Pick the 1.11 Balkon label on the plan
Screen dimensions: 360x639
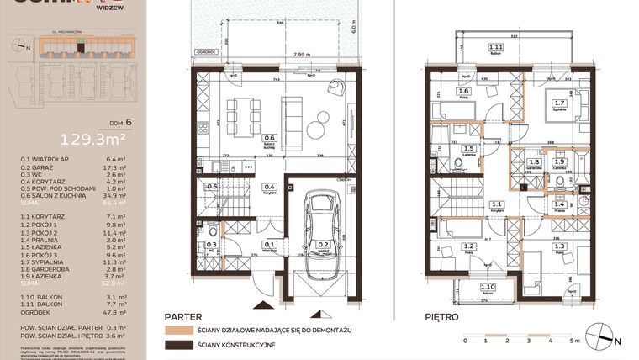496,49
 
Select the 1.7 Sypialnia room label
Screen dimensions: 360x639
558,106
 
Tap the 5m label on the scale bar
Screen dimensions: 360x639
568,341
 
